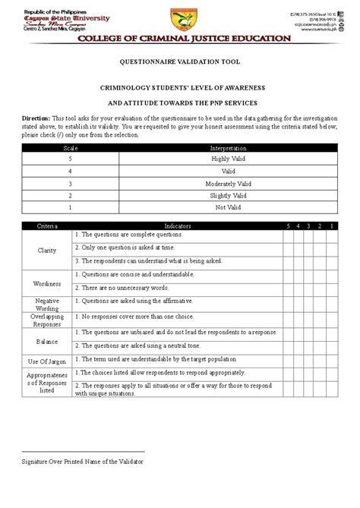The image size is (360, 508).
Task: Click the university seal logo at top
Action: tap(180, 16)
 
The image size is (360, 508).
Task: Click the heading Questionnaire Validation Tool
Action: tap(180, 66)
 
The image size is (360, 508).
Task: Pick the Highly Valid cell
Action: tap(223, 159)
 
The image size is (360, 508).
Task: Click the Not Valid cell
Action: tap(223, 207)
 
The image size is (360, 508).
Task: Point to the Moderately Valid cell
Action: tap(223, 183)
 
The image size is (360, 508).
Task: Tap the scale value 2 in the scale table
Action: tap(71, 195)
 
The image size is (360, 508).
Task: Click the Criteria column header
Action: tap(48, 226)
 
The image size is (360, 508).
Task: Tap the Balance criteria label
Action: tap(47, 341)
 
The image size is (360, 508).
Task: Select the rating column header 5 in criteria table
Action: tap(288, 226)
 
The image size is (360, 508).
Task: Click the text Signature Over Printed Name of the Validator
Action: tap(81, 461)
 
